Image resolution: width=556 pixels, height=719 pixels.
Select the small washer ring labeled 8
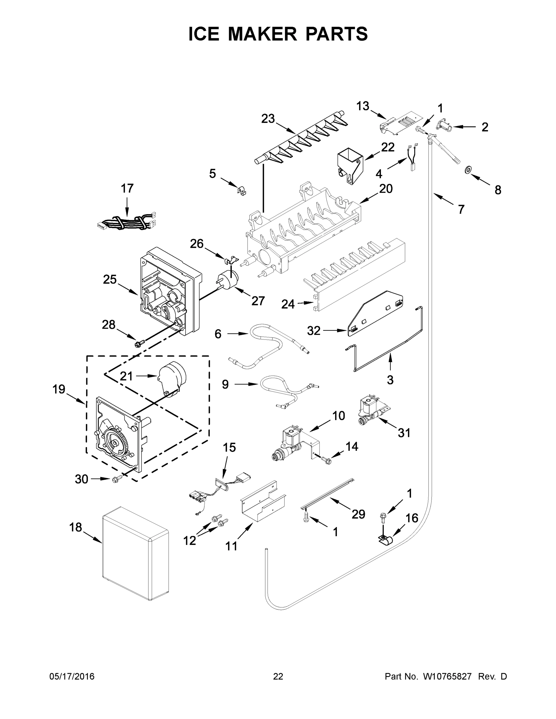click(x=467, y=170)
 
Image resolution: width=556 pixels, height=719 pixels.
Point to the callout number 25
click(x=110, y=280)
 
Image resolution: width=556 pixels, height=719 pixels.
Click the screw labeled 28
click(x=137, y=344)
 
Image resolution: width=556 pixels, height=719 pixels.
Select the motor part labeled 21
click(x=173, y=379)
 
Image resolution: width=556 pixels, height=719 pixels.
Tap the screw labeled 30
click(x=116, y=480)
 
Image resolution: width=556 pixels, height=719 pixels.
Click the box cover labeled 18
click(x=135, y=556)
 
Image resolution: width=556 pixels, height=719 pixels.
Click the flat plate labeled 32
click(x=376, y=314)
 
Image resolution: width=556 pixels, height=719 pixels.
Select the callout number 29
click(x=358, y=514)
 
